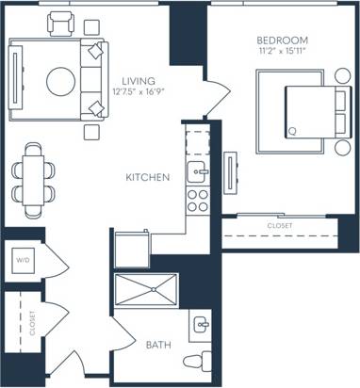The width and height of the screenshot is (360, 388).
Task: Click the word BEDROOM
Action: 281,40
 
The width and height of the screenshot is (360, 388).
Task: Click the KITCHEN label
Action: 148,177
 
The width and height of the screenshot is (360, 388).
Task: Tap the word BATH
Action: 158,345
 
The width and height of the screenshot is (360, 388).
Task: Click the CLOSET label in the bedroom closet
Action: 280,226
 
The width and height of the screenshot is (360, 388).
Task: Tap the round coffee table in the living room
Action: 62,80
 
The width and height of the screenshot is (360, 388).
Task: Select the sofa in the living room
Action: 94,80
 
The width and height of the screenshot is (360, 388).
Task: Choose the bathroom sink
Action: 199,327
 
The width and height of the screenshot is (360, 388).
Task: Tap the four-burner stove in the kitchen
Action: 197,199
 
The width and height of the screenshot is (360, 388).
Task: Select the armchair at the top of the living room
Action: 61,24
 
